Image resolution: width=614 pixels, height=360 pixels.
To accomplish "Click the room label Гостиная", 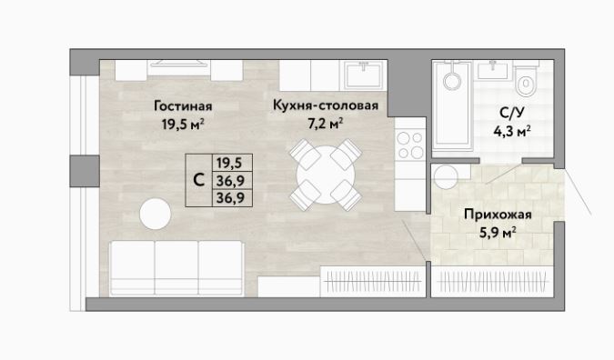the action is [x=183, y=106].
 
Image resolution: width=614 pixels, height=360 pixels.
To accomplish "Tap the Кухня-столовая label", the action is [x=326, y=105].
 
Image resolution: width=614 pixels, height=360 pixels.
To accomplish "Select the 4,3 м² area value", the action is [x=512, y=132].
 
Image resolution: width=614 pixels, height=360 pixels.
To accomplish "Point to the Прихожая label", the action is [x=498, y=215].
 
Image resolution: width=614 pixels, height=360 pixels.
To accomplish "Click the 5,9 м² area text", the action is [x=498, y=234].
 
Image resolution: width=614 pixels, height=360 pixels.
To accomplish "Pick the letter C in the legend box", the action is [x=199, y=180].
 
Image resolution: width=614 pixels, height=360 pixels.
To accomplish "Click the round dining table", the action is [x=326, y=175].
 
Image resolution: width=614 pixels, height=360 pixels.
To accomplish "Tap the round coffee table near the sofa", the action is [x=155, y=214].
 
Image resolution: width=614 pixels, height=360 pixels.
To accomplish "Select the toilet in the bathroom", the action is [x=525, y=79].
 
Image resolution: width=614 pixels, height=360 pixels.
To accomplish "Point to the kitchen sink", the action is [x=365, y=75].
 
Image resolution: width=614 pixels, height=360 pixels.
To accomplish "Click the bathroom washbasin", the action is [x=492, y=71].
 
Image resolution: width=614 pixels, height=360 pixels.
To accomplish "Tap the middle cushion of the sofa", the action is [x=176, y=267].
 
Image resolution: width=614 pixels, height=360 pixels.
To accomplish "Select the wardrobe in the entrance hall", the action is [x=492, y=281].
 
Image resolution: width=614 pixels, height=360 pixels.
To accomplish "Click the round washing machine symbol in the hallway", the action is [x=446, y=176].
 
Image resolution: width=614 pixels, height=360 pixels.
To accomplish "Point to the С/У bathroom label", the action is [x=511, y=113].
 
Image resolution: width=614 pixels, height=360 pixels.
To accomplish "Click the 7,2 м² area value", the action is [x=326, y=124].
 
